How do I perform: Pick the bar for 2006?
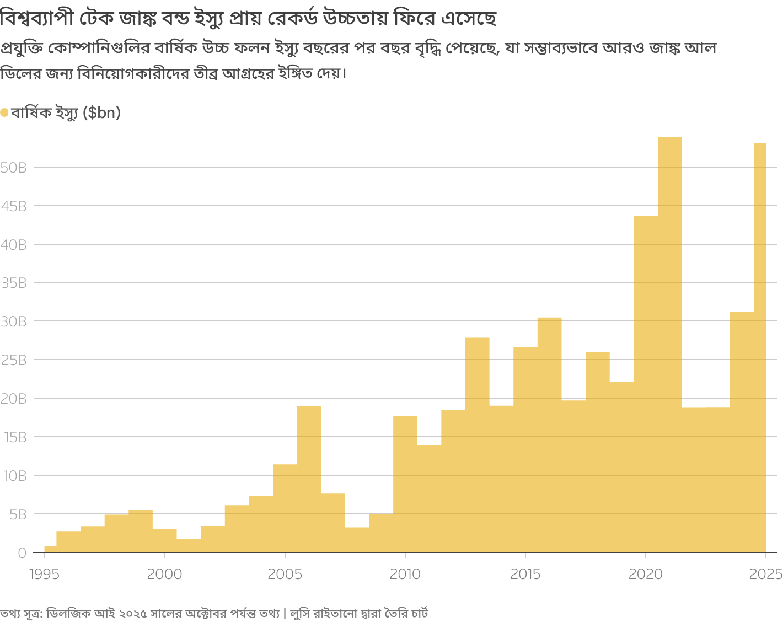click(x=309, y=479)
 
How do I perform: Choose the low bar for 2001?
click(x=189, y=545)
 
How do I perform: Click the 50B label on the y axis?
click(x=14, y=168)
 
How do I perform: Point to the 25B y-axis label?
click(x=14, y=360)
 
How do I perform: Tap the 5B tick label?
click(x=17, y=514)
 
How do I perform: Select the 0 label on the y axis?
click(x=22, y=553)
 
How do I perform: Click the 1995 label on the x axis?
click(x=45, y=575)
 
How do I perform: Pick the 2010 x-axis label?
click(x=405, y=575)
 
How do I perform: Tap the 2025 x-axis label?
click(x=766, y=575)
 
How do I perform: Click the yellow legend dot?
click(x=4, y=113)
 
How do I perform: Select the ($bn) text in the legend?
click(x=101, y=113)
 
